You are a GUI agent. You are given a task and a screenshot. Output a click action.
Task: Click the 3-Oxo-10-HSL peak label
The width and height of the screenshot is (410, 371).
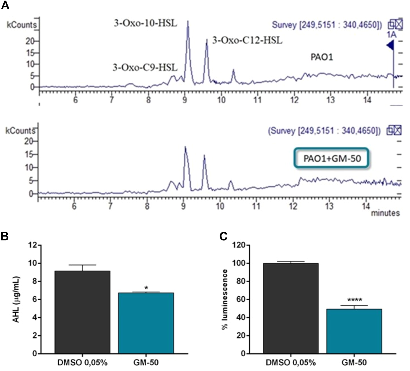click(145, 23)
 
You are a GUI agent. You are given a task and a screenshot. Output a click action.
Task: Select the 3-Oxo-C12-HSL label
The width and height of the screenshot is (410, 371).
click(247, 41)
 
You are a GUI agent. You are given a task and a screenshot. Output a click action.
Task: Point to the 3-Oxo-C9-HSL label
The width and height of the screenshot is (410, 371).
click(145, 68)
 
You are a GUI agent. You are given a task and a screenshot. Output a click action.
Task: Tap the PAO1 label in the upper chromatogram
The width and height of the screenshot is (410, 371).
click(322, 57)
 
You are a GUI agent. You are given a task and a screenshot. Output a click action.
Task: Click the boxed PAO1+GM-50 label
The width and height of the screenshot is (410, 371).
click(332, 158)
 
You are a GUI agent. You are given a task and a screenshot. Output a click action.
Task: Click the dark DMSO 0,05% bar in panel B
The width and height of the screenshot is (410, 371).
click(82, 312)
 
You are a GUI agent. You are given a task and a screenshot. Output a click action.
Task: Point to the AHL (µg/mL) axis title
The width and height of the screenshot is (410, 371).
click(16, 299)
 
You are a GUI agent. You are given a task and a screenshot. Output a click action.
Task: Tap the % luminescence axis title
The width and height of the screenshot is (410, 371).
click(225, 299)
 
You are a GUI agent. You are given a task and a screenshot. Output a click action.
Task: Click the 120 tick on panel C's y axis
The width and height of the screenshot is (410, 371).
click(239, 245)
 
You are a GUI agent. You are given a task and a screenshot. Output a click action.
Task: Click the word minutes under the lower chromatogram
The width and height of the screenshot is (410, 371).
click(385, 213)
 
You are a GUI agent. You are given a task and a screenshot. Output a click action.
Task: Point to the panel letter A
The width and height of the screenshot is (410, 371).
click(5, 5)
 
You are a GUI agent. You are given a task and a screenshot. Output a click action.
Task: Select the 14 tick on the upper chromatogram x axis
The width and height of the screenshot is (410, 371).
click(367, 100)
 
